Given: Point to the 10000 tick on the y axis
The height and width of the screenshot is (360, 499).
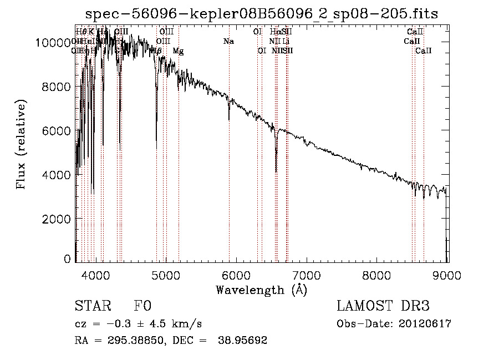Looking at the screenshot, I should tap(55, 42).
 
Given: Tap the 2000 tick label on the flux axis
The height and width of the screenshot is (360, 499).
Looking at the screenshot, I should tap(55, 219).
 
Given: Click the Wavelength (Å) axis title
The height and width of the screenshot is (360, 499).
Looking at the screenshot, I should tap(261, 290).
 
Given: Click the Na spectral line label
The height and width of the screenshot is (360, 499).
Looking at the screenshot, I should tap(228, 41).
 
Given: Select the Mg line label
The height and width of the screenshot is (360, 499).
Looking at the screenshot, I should tap(178, 51).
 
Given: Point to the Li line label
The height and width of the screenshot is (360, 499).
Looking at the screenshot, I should tap(286, 41).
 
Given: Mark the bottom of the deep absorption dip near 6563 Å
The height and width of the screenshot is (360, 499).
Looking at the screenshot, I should tap(276, 171).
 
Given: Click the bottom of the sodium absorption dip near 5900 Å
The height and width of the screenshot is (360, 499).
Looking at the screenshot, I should tap(229, 119).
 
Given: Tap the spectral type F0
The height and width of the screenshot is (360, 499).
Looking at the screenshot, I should tap(142, 306).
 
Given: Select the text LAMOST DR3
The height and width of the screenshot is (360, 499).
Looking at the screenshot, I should tap(383, 306).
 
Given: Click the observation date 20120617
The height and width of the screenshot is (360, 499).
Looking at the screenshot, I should tap(426, 324).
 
